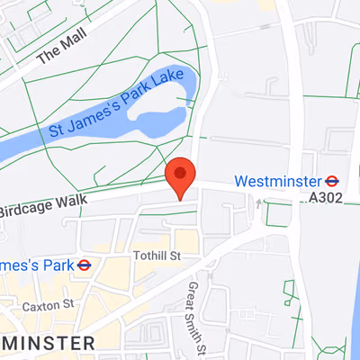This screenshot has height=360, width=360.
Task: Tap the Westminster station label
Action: pyautogui.click(x=278, y=181)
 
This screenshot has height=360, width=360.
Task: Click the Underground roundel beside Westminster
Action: pyautogui.click(x=332, y=181)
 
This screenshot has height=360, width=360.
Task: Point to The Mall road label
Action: pyautogui.click(x=58, y=59)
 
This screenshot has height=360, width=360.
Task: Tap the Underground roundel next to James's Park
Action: pyautogui.click(x=84, y=265)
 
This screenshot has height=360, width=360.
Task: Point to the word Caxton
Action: pyautogui.click(x=40, y=306)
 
